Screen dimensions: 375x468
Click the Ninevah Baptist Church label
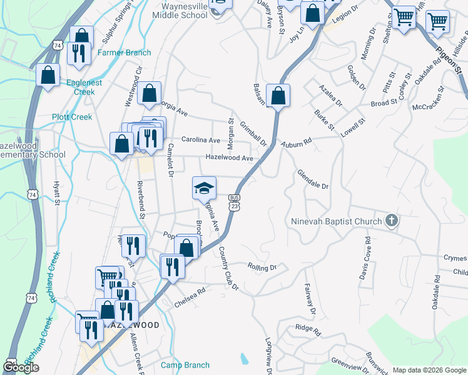(x=336, y=221)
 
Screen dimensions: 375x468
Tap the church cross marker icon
(x=391, y=221)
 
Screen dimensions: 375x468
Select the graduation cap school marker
(x=203, y=187)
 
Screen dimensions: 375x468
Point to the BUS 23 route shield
(x=235, y=201)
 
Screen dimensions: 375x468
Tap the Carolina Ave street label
(x=201, y=140)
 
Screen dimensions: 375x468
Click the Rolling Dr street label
(x=262, y=267)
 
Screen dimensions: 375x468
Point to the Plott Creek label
(x=72, y=117)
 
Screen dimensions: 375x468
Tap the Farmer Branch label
(x=125, y=52)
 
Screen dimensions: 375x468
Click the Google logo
(x=21, y=367)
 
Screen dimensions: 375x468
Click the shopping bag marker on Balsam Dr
(x=278, y=96)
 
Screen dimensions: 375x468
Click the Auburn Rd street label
(x=296, y=143)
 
